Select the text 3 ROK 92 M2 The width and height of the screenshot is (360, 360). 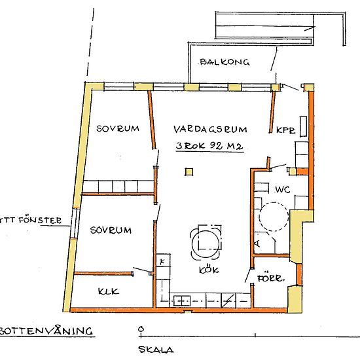[x=209, y=147]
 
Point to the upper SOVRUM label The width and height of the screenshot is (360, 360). [x=118, y=129]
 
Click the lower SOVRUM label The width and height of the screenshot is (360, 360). [x=111, y=230]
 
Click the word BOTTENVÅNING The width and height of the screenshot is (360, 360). [x=45, y=331]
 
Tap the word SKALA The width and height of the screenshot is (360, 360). [x=156, y=350]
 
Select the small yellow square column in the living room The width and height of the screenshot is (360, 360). [x=189, y=172]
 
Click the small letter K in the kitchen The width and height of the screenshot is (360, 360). [x=161, y=262]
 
